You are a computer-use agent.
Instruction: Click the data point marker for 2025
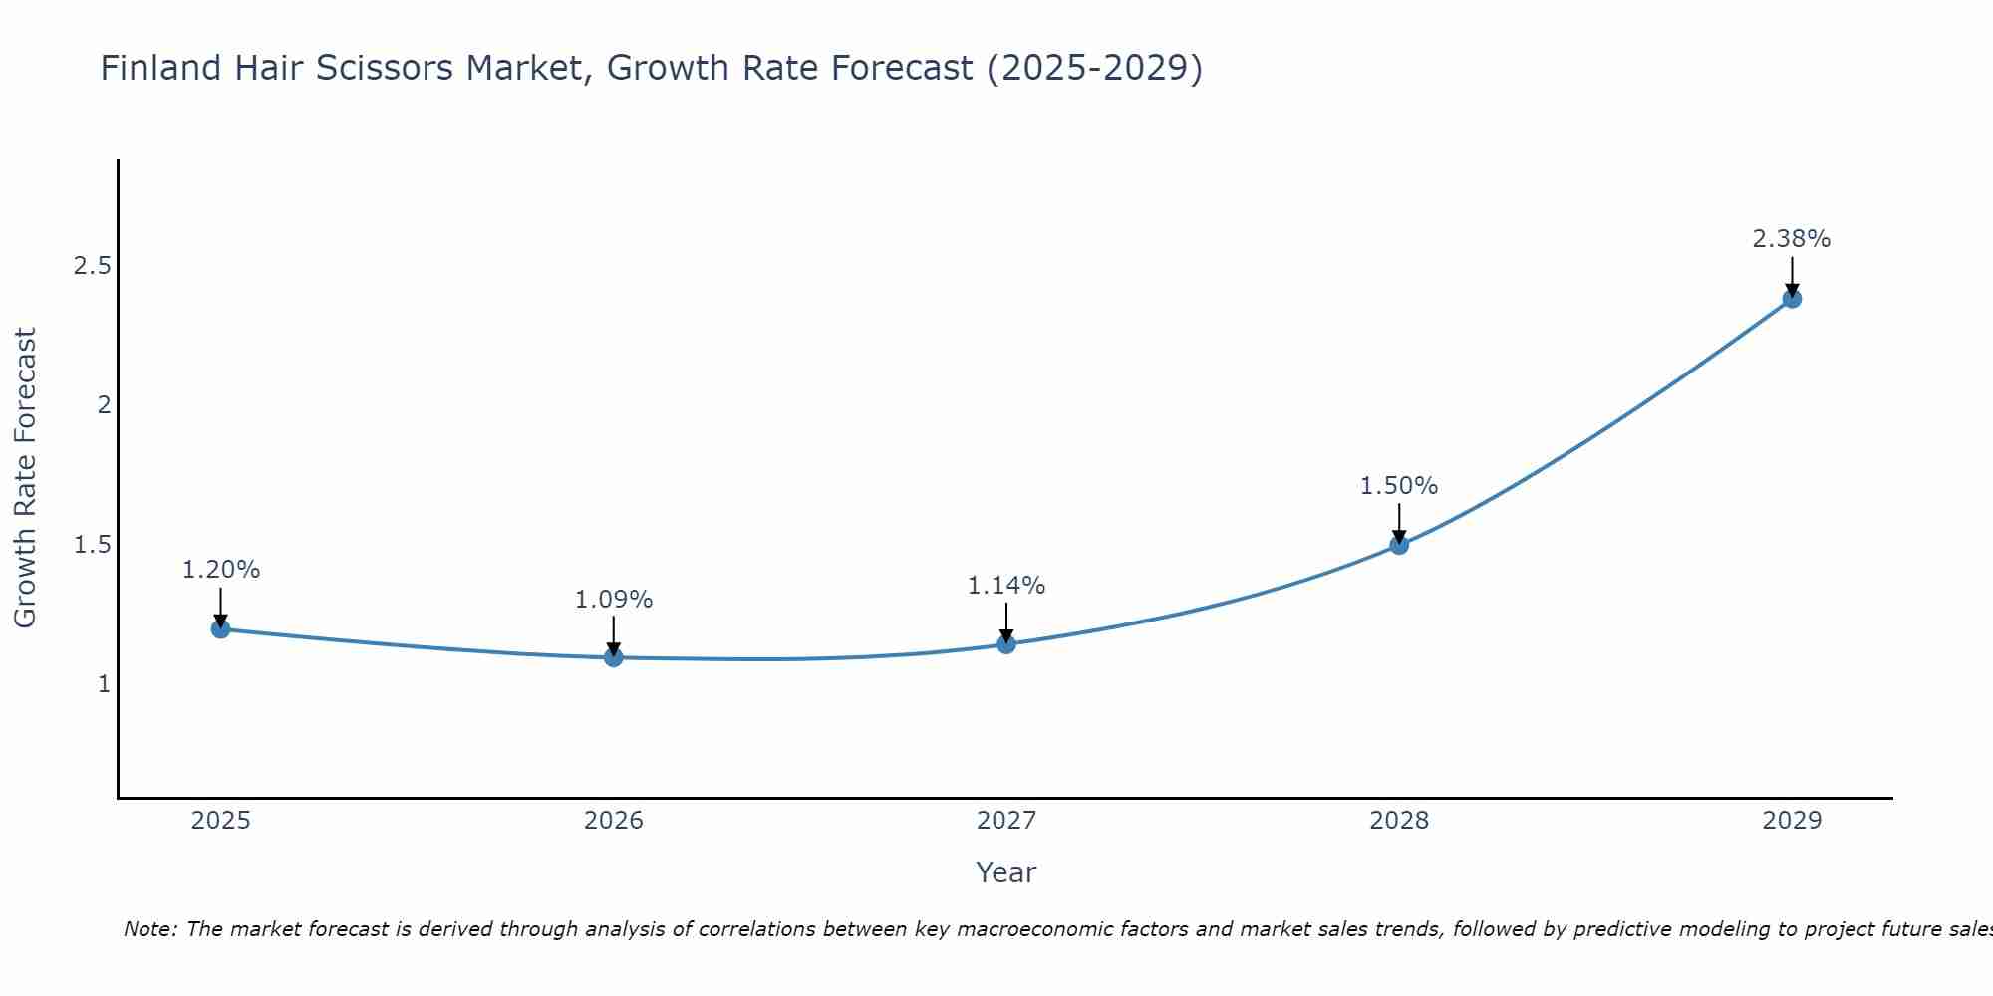[221, 628]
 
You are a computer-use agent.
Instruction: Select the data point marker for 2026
[614, 657]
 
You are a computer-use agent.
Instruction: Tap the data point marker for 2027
[1006, 644]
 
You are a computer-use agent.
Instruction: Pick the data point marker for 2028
[1399, 545]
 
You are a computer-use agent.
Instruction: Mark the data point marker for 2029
[1792, 298]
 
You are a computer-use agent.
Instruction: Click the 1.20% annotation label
[221, 570]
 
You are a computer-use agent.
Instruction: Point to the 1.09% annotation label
[614, 600]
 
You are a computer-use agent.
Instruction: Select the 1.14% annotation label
[1006, 586]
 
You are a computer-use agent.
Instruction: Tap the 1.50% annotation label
[1399, 486]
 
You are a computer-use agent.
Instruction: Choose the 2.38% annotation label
[1792, 239]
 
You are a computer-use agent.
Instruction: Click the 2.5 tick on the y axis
[92, 266]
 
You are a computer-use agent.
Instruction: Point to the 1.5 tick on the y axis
[92, 545]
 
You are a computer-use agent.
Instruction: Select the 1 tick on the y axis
[104, 684]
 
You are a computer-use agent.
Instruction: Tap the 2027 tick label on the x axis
[1006, 821]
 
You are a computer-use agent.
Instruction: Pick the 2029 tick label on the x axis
[1792, 821]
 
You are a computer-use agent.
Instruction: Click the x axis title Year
[1006, 872]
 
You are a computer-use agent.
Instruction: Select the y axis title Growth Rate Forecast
[25, 478]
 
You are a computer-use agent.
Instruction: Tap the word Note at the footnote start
[149, 929]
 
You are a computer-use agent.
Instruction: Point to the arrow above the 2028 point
[1399, 523]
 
